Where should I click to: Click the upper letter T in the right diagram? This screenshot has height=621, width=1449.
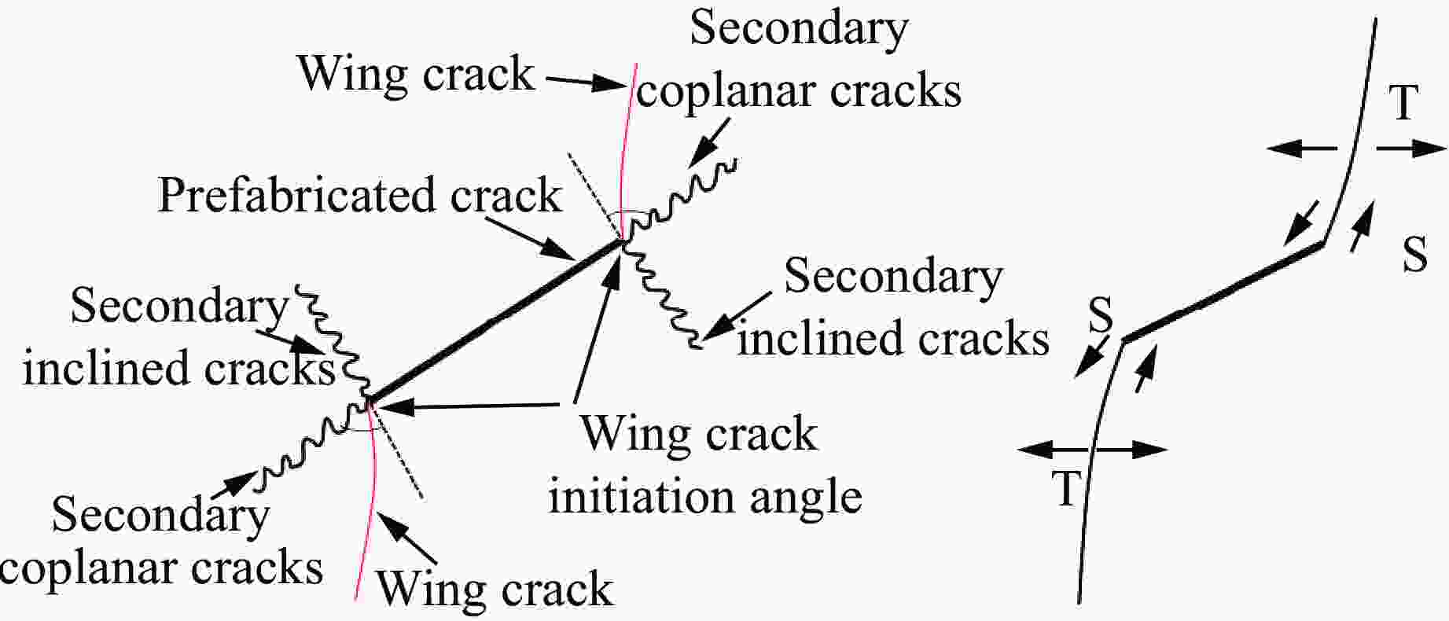click(1403, 102)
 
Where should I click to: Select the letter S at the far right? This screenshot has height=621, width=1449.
click(1414, 255)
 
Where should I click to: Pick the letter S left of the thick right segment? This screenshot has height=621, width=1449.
click(1101, 314)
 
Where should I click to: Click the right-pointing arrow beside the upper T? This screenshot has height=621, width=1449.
click(1411, 148)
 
